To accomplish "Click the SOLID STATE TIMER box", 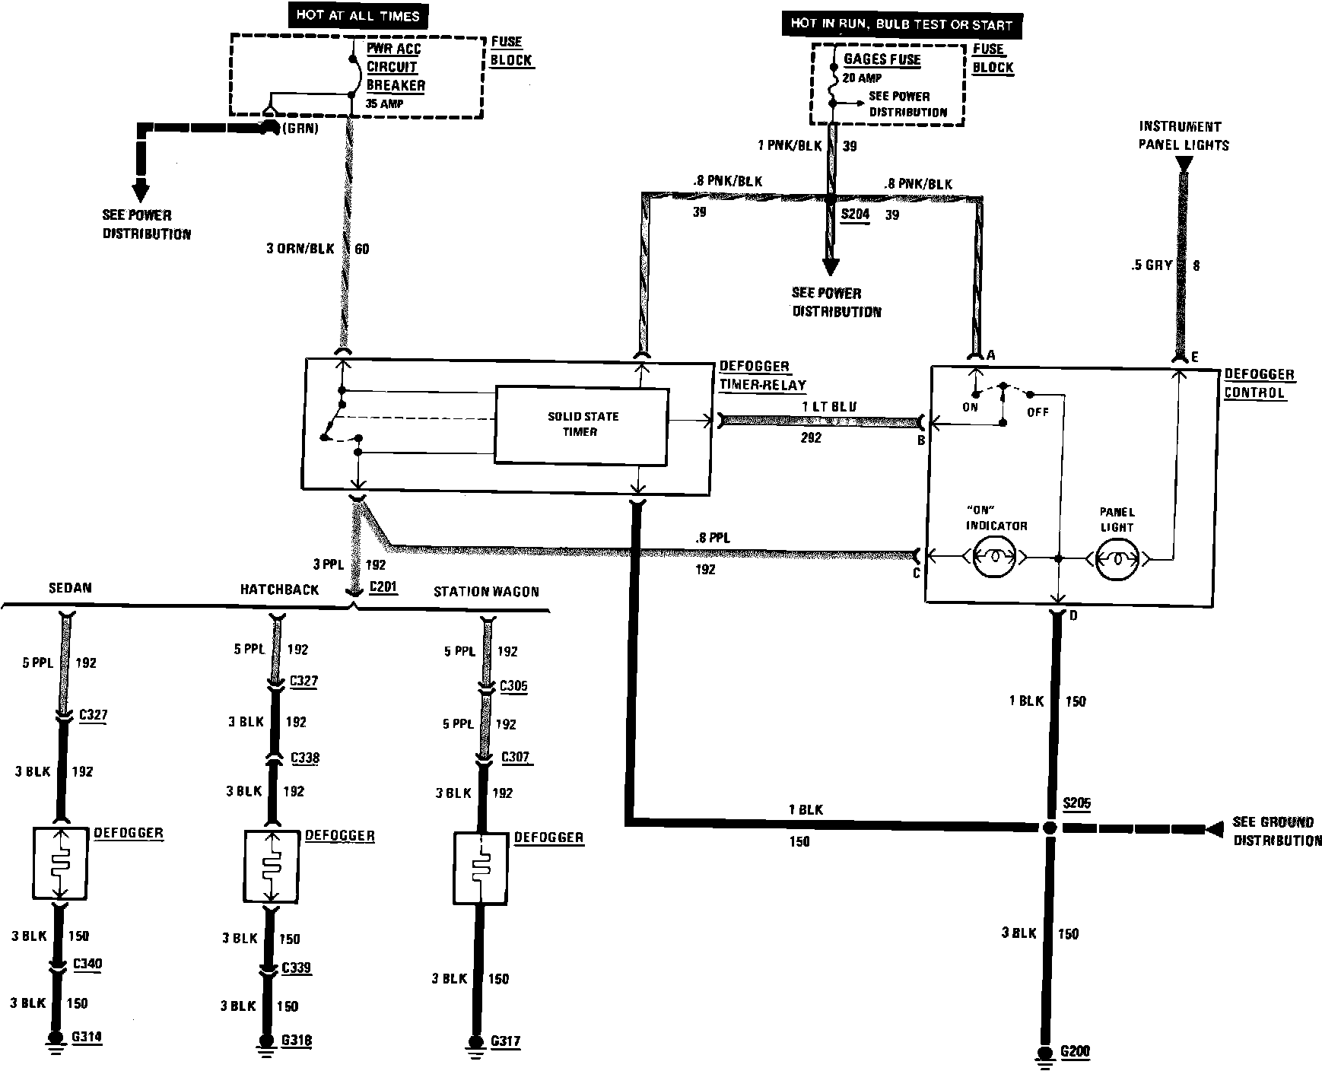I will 581,424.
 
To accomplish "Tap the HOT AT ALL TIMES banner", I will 358,15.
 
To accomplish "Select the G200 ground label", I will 1075,1052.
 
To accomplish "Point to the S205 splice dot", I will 1050,828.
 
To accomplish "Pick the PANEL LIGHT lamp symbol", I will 1117,558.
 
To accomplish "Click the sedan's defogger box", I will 61,863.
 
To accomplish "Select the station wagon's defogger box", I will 481,869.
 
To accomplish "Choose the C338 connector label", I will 305,758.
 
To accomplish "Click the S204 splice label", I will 854,215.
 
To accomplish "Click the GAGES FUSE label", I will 882,59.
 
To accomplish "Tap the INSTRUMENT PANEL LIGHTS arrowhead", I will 1183,164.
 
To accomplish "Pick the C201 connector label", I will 383,587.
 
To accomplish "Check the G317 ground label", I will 505,1041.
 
